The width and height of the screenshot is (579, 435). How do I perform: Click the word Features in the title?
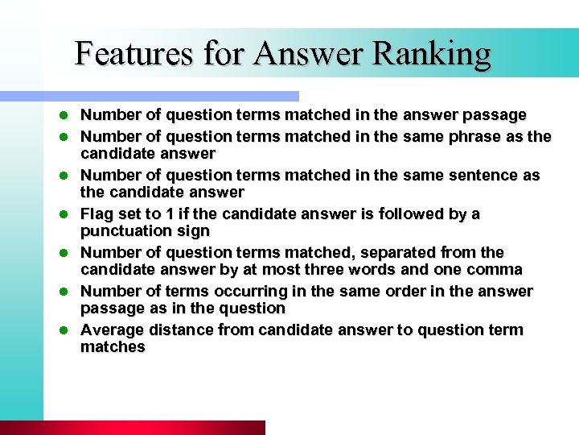tap(134, 53)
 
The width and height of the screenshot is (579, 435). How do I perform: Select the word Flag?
tap(98, 213)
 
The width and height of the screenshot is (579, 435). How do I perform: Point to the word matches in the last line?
tap(113, 347)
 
